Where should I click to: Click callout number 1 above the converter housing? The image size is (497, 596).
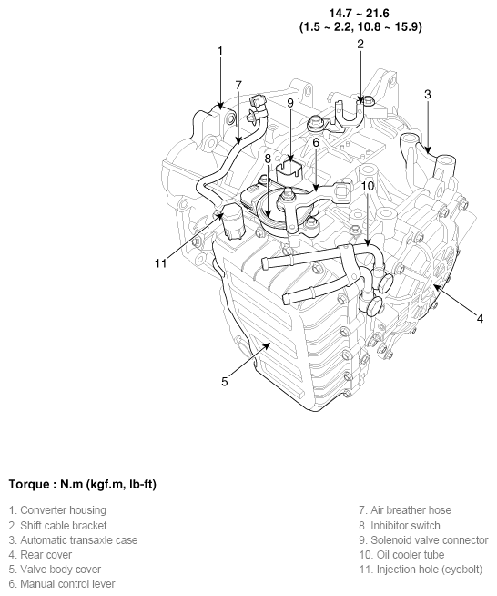tap(219, 51)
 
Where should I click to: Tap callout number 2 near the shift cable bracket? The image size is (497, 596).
tap(360, 44)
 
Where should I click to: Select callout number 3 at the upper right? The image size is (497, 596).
tap(427, 94)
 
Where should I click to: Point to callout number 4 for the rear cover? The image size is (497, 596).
tap(480, 319)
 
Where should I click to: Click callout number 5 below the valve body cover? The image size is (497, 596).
tap(224, 380)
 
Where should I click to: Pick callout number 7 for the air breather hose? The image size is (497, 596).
tap(238, 85)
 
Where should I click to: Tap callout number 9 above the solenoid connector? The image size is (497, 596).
tap(290, 103)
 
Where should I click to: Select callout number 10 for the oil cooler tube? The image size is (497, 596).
tap(367, 186)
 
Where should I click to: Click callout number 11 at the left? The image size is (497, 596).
tap(161, 263)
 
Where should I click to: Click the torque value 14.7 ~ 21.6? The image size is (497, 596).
tap(360, 13)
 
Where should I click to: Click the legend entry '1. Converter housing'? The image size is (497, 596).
tap(57, 510)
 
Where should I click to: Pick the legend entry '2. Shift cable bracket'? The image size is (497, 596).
tap(58, 525)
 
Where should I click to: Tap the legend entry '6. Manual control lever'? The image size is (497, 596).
tap(62, 583)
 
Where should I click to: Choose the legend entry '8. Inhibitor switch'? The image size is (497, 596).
tap(400, 525)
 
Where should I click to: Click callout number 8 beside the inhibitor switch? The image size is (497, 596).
tap(269, 159)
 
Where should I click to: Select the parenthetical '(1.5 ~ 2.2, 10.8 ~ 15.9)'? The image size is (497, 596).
tap(360, 27)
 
